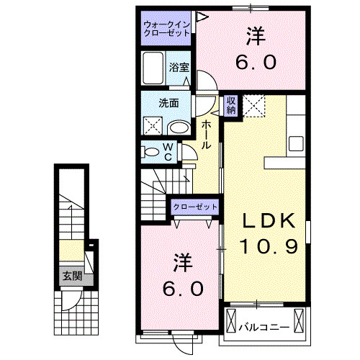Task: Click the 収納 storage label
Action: pyautogui.click(x=231, y=106)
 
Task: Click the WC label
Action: pyautogui.click(x=167, y=152)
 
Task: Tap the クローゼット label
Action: pyautogui.click(x=195, y=207)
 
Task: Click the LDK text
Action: pyautogui.click(x=265, y=220)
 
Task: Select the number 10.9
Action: pyautogui.click(x=265, y=246)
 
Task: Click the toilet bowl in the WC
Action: pyautogui.click(x=152, y=152)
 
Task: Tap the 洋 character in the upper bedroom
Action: pyautogui.click(x=255, y=34)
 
